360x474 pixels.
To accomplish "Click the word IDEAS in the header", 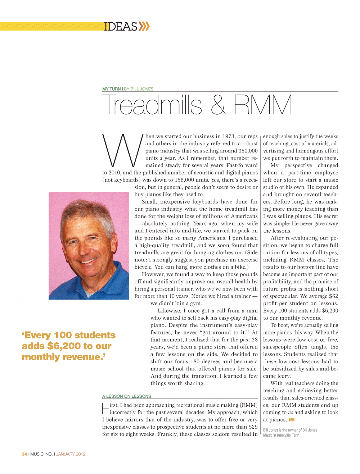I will point(121,27).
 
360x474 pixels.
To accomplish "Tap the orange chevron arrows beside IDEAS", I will point(144,26).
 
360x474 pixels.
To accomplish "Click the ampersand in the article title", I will point(218,105).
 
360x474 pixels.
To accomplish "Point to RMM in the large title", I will point(262,105).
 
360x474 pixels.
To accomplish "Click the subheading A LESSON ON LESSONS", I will point(126,396).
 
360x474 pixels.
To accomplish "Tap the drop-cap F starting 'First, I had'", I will point(105,408).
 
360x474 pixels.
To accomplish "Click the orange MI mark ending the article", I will point(292,420).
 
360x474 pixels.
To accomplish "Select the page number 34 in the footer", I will point(24,454).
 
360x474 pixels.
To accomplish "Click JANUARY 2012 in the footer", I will point(71,454).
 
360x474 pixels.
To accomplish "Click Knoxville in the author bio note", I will point(284,435).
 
